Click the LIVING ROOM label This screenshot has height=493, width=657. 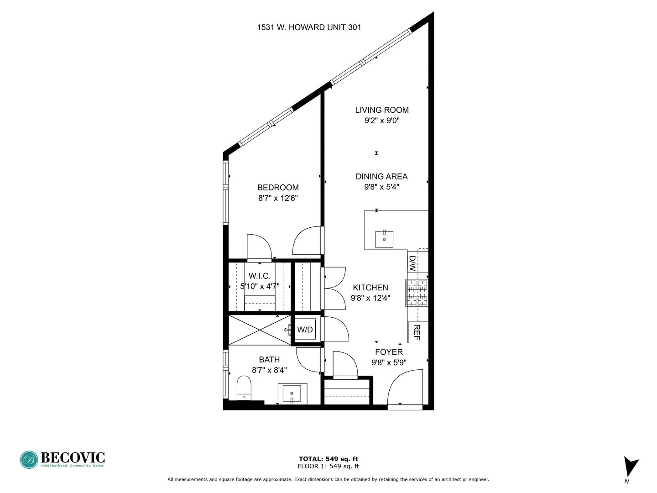click(382, 110)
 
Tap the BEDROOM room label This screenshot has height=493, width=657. click(278, 188)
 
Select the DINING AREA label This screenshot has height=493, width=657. click(381, 177)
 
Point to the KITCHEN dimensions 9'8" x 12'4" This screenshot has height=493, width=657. click(370, 299)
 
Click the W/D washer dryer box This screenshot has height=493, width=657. click(305, 329)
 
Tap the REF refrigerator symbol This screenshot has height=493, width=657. click(417, 332)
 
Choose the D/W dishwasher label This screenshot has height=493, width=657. click(412, 264)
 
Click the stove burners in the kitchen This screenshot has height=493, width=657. click(417, 293)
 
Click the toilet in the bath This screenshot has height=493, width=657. click(245, 388)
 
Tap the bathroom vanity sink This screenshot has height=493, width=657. click(292, 393)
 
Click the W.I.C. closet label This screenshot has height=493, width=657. click(260, 276)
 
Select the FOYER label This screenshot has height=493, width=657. click(389, 352)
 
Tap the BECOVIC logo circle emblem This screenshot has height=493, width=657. click(29, 460)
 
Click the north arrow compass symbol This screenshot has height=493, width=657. click(631, 467)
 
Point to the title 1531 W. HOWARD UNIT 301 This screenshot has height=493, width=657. click(309, 27)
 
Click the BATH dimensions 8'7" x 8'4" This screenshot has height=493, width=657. click(269, 371)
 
